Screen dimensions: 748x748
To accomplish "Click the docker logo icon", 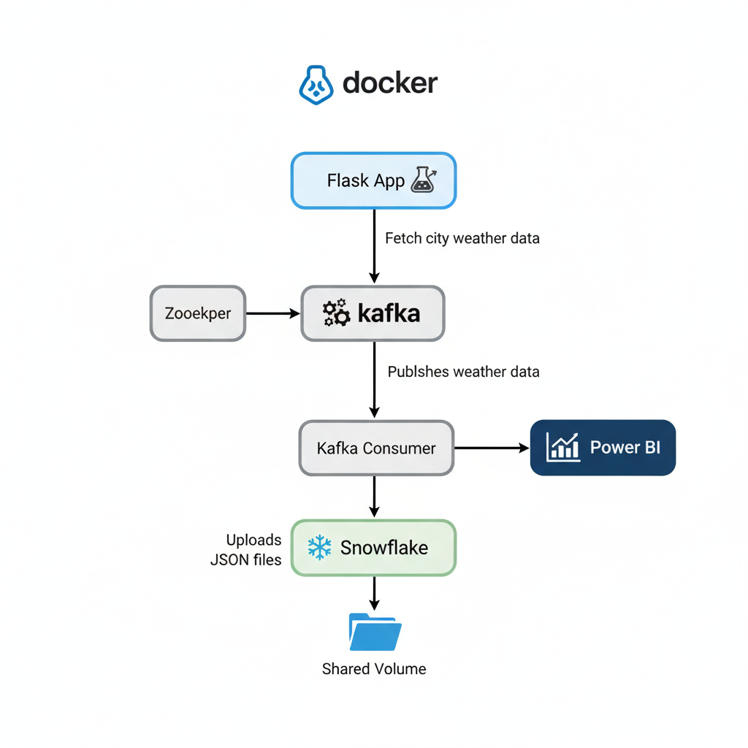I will click(x=316, y=84).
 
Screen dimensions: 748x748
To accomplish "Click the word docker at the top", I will click(x=390, y=83).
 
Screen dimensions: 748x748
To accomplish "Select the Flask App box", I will click(x=373, y=180).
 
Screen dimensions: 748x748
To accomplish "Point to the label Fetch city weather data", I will click(x=462, y=238).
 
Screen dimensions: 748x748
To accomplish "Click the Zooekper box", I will click(x=198, y=313).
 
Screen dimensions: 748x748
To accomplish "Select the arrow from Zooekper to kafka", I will click(x=273, y=313).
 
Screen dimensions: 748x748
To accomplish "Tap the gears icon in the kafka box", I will click(x=336, y=313).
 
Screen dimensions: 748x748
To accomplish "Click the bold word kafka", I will click(x=389, y=314).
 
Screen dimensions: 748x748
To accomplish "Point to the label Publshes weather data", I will click(x=463, y=372).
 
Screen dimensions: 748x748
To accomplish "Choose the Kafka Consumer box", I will click(x=376, y=448).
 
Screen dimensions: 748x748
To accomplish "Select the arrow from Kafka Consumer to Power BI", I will click(x=492, y=448).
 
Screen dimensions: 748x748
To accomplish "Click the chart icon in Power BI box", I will click(x=563, y=447).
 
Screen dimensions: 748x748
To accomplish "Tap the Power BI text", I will click(x=625, y=448).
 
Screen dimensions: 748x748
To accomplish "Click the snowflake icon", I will click(x=319, y=548).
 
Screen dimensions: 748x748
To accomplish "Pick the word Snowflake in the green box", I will click(x=384, y=548).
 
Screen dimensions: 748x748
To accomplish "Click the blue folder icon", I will click(x=375, y=632).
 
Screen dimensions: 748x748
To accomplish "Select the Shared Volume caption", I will click(x=374, y=668).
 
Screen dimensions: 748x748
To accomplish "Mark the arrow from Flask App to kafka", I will click(x=374, y=245).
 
